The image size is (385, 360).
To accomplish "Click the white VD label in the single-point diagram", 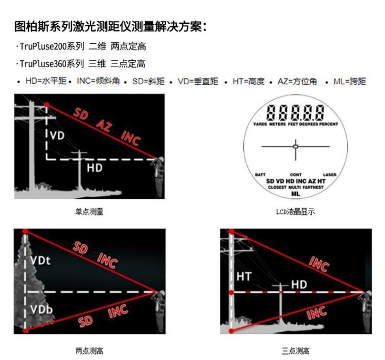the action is pos(57,135).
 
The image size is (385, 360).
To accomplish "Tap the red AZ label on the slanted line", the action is pos(104,126).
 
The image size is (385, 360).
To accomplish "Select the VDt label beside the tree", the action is pos(41,261).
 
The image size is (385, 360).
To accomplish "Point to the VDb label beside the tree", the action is pos(41,309).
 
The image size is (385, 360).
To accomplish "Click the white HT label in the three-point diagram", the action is pos(244,277).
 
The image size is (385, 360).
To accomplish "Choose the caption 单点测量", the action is pos(89,212).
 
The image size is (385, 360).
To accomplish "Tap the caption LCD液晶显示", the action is pos(295,212).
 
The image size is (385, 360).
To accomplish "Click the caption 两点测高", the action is pos(89,351).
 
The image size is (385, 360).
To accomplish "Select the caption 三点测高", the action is pos(296,351).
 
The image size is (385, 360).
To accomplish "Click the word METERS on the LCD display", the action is pos(278,124).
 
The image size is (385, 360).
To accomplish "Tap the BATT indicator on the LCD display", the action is pos(260,175).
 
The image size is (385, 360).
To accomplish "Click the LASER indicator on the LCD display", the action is pos(329,175).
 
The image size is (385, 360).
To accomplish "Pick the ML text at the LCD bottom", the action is pos(296,194).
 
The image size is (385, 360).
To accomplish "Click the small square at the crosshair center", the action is pos(296,147).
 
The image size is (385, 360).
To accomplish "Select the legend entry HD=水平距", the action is pos(46,81).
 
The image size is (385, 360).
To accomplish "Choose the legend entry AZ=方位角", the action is pos(297,81).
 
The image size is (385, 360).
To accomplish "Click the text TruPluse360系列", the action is pos(52,64).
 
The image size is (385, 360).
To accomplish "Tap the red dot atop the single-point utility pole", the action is pos(46,105).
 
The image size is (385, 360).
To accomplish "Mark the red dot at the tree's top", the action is pos(25,231).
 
